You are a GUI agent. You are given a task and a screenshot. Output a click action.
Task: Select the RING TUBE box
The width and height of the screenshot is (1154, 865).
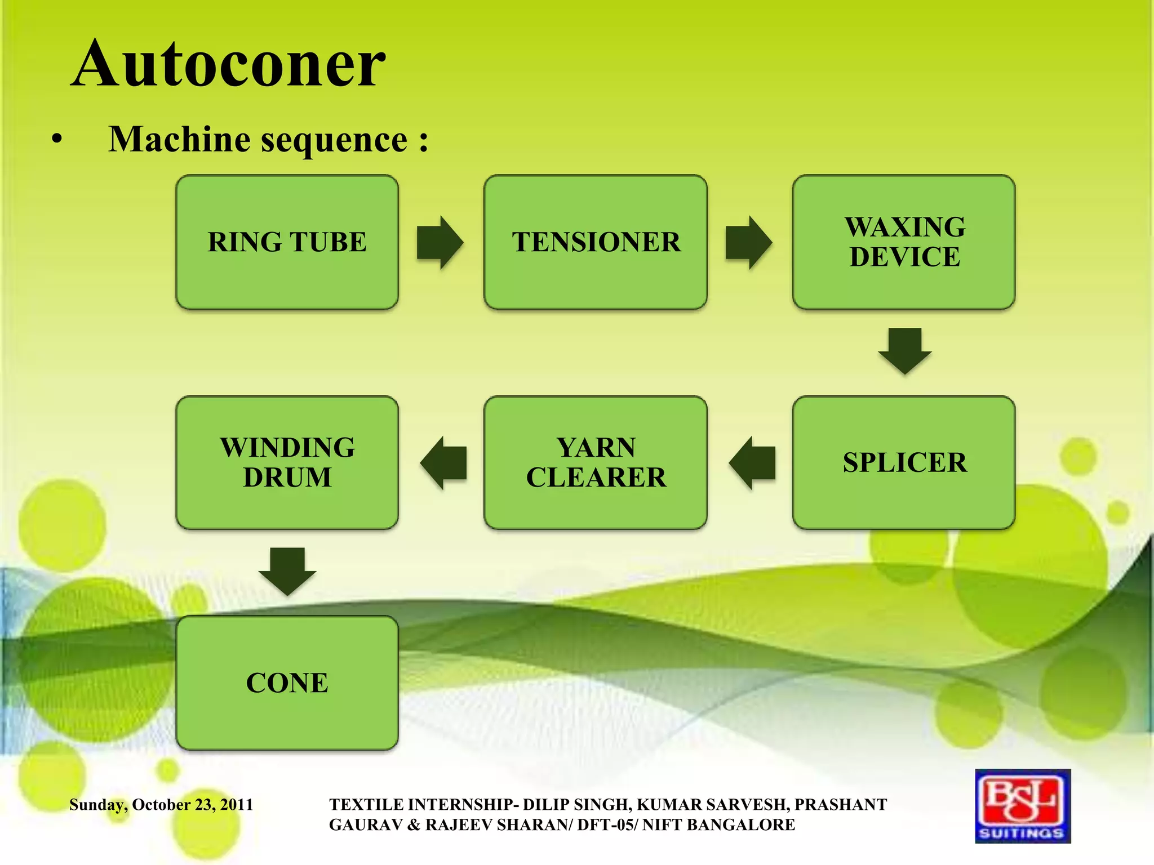pos(287,242)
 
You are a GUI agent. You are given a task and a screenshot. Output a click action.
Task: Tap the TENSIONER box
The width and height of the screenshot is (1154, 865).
pos(596,242)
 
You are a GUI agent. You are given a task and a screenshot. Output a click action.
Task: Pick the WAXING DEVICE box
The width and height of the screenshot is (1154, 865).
pos(904,242)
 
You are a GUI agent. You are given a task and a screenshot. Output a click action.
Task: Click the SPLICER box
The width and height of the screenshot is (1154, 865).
pos(904,462)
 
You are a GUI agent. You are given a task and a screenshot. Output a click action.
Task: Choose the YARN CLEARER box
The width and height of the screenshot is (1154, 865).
pos(596,462)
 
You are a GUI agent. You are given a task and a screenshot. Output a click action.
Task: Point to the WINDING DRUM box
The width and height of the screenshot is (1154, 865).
pos(287,462)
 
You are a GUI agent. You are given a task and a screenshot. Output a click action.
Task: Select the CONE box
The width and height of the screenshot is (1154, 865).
pos(287,683)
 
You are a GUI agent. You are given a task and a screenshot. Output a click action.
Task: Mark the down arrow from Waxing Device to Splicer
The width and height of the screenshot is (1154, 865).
pos(904,350)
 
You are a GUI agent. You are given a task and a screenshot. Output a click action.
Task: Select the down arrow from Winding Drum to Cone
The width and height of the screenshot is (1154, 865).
pos(287,570)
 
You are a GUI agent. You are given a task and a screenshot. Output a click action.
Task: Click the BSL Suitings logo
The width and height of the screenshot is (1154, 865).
pos(1023,806)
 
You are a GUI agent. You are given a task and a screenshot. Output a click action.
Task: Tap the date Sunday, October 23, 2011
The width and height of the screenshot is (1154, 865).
pos(161,805)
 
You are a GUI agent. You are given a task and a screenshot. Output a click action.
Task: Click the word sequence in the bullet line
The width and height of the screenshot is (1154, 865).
pos(334,140)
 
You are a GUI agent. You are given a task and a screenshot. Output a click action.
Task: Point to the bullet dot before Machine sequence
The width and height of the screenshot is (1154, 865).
pos(56,139)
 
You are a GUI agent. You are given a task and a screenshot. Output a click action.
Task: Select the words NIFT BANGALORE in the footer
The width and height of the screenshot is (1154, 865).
pos(718,825)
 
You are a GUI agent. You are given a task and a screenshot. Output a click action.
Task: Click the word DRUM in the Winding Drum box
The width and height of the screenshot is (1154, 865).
pos(287,478)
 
